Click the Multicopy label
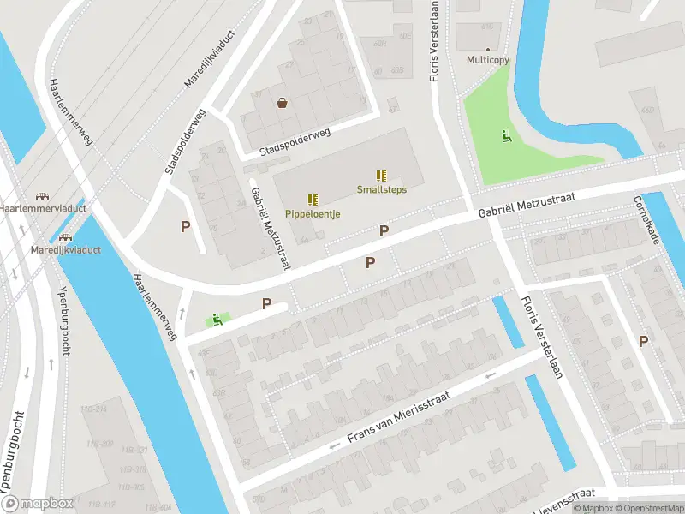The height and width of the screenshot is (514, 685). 487,60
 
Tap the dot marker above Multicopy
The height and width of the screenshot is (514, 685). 488,49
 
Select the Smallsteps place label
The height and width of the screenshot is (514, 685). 381,189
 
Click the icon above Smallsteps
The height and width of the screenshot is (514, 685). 381,175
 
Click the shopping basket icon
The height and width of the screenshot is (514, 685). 282,104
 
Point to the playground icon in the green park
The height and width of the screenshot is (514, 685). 505,135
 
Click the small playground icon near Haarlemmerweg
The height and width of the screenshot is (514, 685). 217,320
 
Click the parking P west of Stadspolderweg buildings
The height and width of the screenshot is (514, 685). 185,226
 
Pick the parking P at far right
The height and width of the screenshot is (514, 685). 643,341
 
